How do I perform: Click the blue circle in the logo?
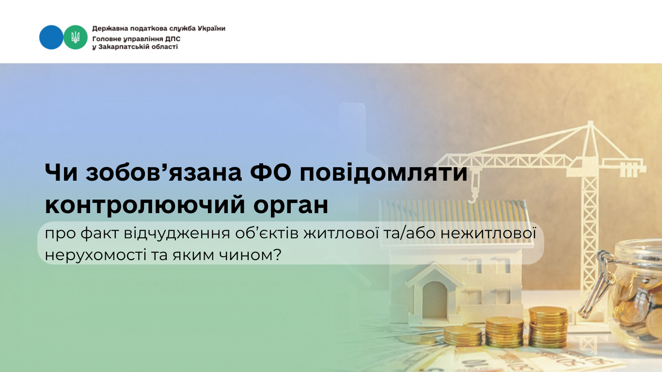51,37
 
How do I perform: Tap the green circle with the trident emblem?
76,37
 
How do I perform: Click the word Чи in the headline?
61,172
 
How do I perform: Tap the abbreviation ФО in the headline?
271,172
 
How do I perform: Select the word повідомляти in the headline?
384,172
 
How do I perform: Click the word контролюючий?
145,205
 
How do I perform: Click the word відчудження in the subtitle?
177,234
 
